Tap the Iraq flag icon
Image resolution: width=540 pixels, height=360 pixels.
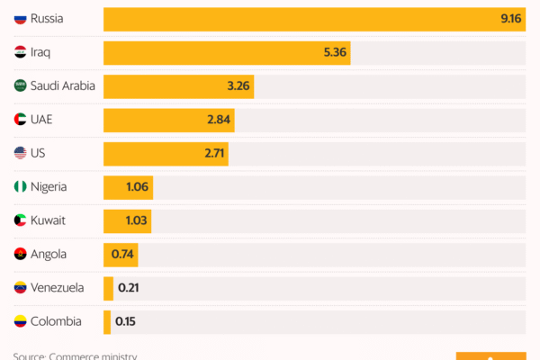[20, 53]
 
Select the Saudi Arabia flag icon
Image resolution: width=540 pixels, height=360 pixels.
[20, 86]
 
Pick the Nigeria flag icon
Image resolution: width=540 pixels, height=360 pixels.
[20, 187]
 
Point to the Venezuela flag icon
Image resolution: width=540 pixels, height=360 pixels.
[20, 288]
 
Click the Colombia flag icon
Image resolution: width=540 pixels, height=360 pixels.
[20, 321]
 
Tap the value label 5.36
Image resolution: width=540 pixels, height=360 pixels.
[335, 53]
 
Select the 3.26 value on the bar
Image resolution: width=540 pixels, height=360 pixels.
[238, 87]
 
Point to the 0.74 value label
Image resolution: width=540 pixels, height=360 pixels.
[123, 255]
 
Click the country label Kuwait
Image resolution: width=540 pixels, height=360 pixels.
[49, 220]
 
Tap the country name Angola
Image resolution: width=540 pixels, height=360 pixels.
[49, 255]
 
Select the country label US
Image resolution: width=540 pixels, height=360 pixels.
[38, 154]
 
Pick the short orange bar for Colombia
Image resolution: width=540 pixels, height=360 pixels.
[107, 321]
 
